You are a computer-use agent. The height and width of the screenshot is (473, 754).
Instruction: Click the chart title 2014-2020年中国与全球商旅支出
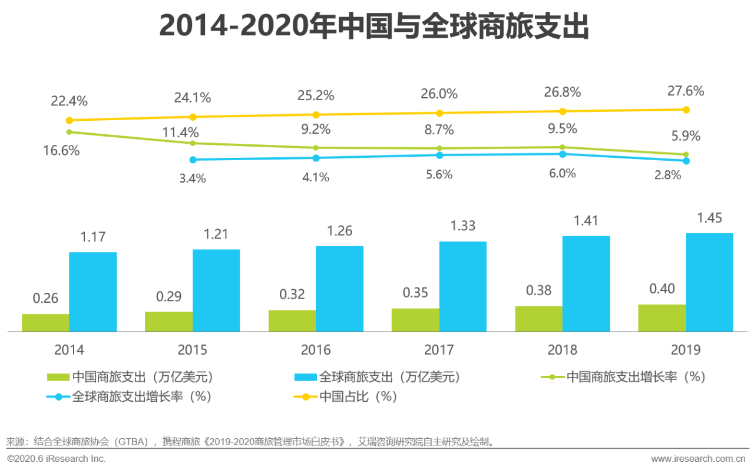pyautogui.click(x=374, y=27)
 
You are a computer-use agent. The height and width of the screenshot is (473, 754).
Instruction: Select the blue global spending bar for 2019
pyautogui.click(x=709, y=283)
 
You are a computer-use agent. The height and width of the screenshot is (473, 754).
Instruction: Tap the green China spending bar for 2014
pyautogui.click(x=45, y=323)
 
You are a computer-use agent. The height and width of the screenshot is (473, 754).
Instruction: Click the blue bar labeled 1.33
pyautogui.click(x=462, y=287)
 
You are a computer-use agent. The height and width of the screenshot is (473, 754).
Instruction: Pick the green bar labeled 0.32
pyautogui.click(x=292, y=320)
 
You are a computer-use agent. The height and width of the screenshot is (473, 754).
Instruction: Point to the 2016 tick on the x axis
pyautogui.click(x=316, y=350)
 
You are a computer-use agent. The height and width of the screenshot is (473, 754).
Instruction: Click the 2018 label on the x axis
pyautogui.click(x=563, y=350)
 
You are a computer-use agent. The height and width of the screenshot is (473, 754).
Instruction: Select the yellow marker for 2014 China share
pyautogui.click(x=69, y=120)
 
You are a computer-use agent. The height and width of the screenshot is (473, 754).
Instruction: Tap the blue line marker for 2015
pyautogui.click(x=193, y=160)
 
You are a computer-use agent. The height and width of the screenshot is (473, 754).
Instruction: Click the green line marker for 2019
pyautogui.click(x=686, y=154)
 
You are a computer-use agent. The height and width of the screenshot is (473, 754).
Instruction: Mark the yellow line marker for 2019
pyautogui.click(x=686, y=110)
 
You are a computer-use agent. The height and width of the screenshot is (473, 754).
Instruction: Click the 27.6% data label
pyautogui.click(x=686, y=91)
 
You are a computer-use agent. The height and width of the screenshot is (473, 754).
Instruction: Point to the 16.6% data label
pyautogui.click(x=61, y=151)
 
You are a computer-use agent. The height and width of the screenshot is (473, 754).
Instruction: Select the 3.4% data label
pyautogui.click(x=193, y=178)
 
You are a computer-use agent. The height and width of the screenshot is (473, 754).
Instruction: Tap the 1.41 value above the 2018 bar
pyautogui.click(x=586, y=221)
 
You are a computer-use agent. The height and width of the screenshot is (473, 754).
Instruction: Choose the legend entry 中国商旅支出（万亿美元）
pyautogui.click(x=131, y=377)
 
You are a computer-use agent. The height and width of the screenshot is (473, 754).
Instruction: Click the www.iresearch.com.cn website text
pyautogui.click(x=698, y=458)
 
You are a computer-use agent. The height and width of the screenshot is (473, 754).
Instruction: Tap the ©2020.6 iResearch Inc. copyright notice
pyautogui.click(x=57, y=458)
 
